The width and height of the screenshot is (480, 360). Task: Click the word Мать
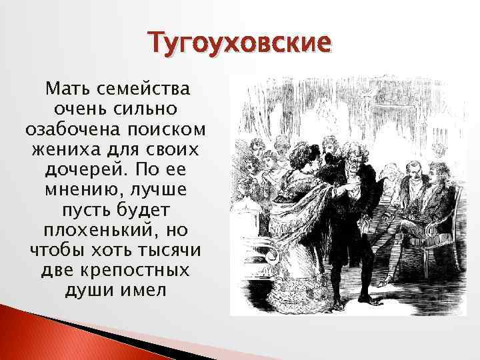(64, 89)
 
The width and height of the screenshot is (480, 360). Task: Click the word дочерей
(77, 166)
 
